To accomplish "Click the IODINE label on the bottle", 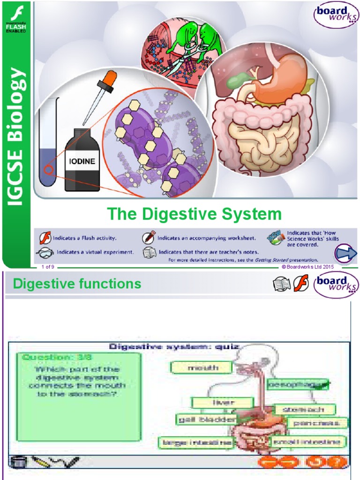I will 82,160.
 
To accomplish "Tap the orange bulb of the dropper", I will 110,77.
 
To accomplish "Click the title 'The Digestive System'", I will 195,214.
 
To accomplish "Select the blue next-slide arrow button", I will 345,254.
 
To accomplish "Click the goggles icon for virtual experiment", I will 45,252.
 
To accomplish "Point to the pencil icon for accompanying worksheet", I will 150,237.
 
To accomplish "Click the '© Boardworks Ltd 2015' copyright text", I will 307,267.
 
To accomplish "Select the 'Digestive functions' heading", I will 77,284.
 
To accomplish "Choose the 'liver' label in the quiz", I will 223,402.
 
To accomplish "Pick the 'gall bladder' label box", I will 207,419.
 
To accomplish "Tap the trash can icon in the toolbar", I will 17,462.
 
